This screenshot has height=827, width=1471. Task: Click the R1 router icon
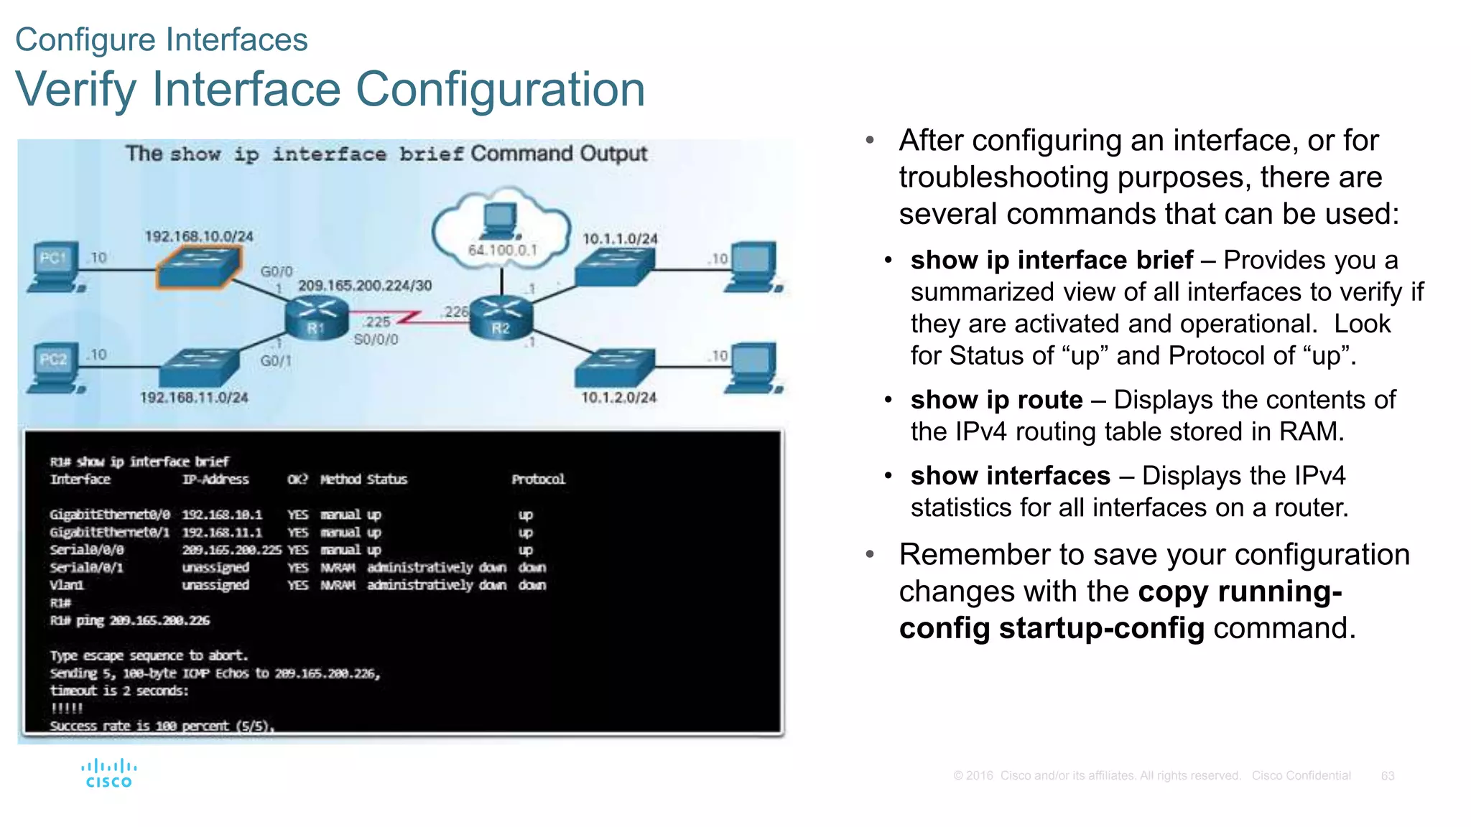316,319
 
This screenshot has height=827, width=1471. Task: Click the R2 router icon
501,319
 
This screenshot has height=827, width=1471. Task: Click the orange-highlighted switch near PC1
199,267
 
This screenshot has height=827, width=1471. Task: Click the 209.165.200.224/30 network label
365,286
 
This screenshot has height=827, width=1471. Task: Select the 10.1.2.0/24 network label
618,398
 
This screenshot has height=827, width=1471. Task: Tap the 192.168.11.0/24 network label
194,398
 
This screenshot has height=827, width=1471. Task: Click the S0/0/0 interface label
376,340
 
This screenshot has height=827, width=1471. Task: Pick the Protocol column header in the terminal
538,480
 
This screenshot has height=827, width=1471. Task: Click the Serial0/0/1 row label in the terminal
86,568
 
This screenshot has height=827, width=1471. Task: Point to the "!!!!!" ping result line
67,709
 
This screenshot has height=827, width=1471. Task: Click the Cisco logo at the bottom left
108,773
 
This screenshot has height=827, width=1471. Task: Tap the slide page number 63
1387,776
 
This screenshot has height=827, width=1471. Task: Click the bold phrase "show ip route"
996,400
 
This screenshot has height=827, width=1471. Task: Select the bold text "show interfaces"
1010,476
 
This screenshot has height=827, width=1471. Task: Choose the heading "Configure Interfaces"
162,39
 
